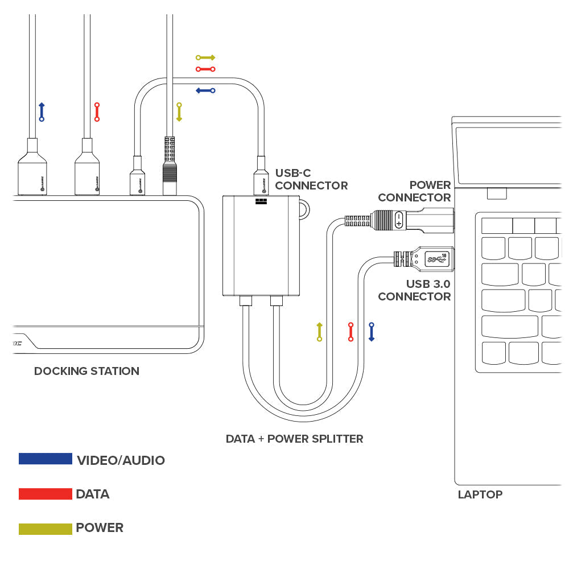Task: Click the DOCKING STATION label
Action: point(86,371)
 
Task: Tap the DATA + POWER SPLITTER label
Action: point(294,439)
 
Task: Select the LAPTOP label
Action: point(480,494)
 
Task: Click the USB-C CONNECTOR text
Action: point(311,179)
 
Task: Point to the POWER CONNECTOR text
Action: point(415,191)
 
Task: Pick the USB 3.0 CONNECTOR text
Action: point(415,290)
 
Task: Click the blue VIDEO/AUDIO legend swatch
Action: point(46,459)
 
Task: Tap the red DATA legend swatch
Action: point(46,493)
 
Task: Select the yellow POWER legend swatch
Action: point(46,529)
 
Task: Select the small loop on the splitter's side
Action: point(305,208)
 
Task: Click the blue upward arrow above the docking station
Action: point(41,112)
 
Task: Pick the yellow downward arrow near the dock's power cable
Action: point(179,112)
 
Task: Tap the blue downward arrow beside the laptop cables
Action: point(371,332)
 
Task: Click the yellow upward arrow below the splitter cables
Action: point(319,332)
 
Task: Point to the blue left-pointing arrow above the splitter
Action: point(205,90)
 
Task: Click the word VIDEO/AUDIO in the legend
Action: point(121,460)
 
